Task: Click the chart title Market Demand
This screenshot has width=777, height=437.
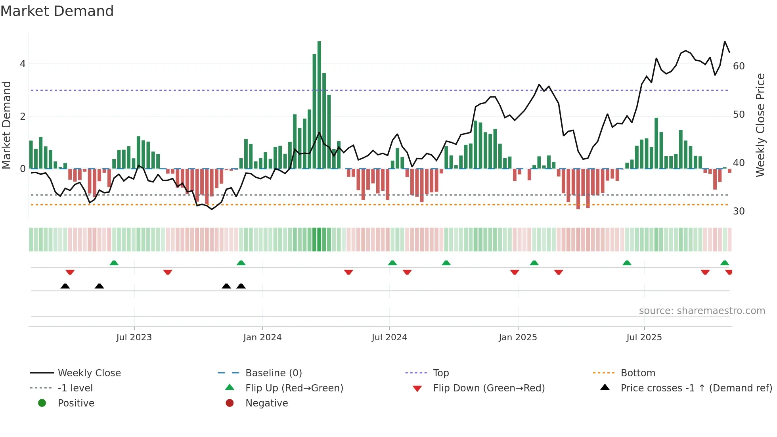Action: coord(57,11)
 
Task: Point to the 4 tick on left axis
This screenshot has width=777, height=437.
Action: coord(23,64)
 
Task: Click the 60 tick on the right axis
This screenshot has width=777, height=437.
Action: coord(739,66)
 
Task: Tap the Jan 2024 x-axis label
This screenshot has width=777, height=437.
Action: coord(262,337)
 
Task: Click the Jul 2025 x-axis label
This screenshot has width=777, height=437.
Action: coord(644,337)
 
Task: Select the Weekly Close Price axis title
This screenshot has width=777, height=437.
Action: coord(760,125)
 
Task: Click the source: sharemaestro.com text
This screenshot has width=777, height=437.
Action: coord(702,311)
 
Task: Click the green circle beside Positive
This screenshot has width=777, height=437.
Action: coord(42,403)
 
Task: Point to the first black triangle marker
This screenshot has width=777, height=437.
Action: coord(65,286)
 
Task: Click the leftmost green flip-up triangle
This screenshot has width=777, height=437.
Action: coord(114,263)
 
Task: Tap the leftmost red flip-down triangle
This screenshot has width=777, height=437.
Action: coord(70,272)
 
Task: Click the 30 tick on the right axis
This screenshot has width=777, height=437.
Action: coord(739,211)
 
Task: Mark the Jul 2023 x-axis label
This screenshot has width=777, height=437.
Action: coord(134,337)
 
